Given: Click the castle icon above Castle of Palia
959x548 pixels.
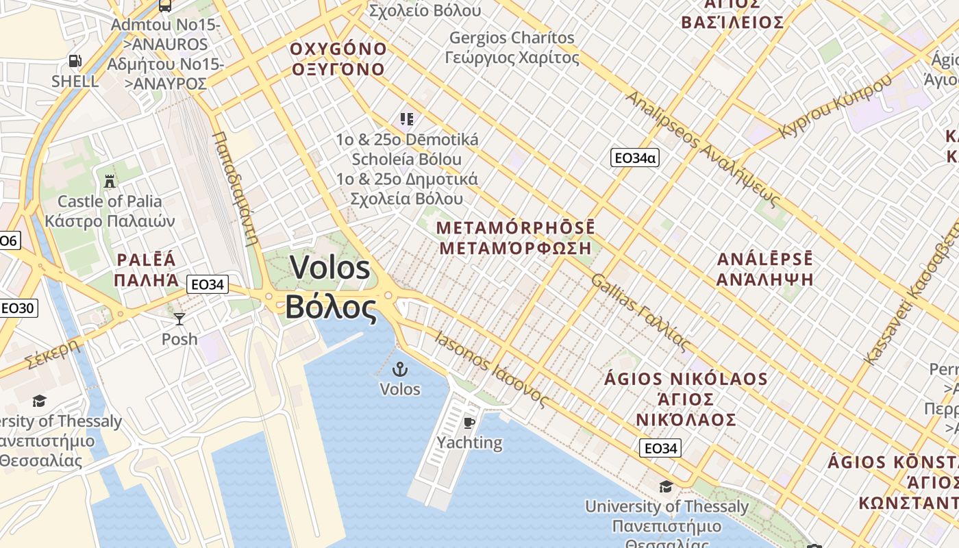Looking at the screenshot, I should pyautogui.click(x=109, y=182).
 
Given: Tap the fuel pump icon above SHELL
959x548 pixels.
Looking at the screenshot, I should pyautogui.click(x=75, y=61).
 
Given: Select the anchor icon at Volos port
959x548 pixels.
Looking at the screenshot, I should pyautogui.click(x=399, y=370).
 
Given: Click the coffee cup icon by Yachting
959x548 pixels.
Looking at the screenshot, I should pyautogui.click(x=469, y=423).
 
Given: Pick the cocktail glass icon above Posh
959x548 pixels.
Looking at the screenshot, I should pyautogui.click(x=179, y=319).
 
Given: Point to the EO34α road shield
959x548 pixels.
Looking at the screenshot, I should pyautogui.click(x=634, y=158).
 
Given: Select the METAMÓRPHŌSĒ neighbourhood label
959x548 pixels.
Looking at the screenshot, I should pyautogui.click(x=515, y=227).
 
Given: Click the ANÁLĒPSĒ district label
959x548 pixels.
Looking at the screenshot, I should pyautogui.click(x=764, y=260).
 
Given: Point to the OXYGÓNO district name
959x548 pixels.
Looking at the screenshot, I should pyautogui.click(x=338, y=49).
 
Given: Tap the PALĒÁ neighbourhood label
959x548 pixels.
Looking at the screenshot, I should pyautogui.click(x=147, y=260).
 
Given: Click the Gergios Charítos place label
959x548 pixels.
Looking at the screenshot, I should pyautogui.click(x=512, y=38).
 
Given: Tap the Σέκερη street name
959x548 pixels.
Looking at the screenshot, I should pyautogui.click(x=51, y=353).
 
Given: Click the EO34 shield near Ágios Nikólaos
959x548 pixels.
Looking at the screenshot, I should pyautogui.click(x=660, y=449).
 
